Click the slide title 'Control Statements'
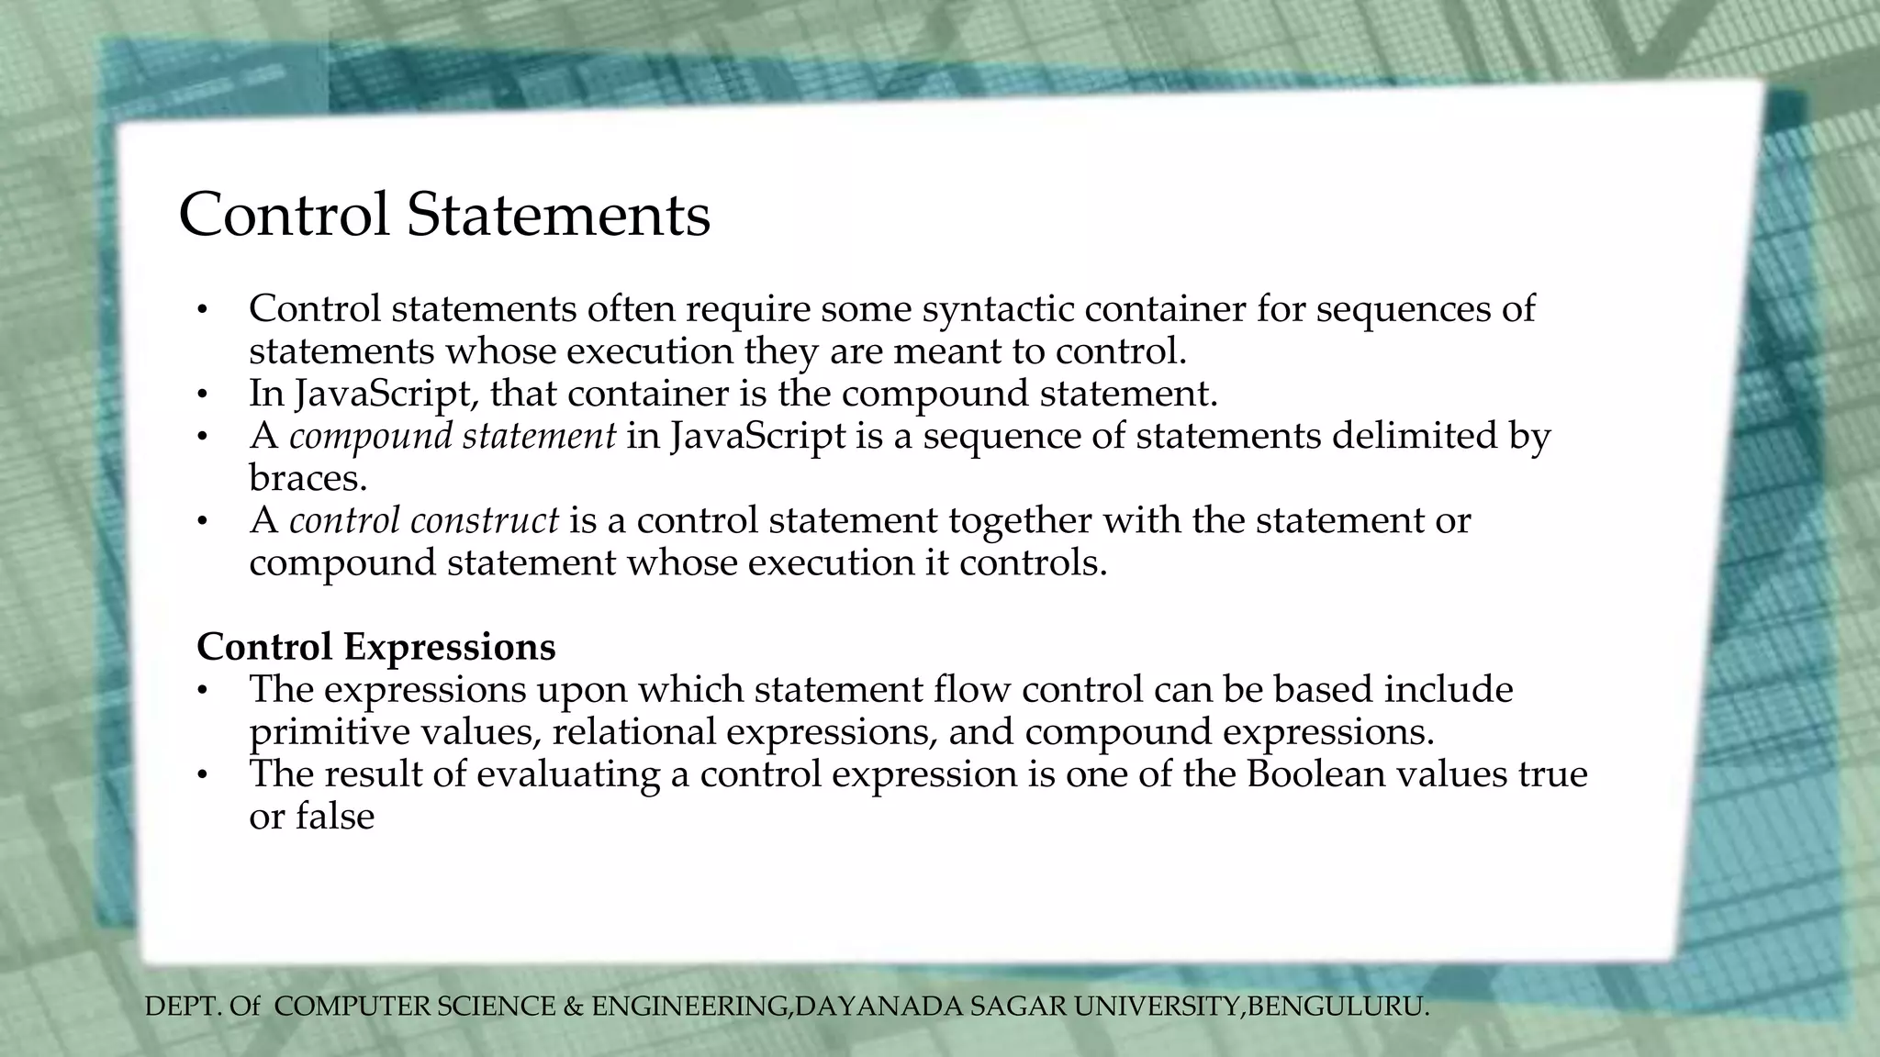444,215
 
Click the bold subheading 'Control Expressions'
375,647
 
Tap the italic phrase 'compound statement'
453,436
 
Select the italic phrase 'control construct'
423,520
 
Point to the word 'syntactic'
998,308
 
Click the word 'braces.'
308,478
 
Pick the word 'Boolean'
1315,773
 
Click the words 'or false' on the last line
311,817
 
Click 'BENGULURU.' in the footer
1338,1007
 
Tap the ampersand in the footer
574,1007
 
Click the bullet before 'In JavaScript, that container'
203,395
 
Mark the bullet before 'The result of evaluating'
203,776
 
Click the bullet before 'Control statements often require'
203,311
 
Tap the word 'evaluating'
568,774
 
